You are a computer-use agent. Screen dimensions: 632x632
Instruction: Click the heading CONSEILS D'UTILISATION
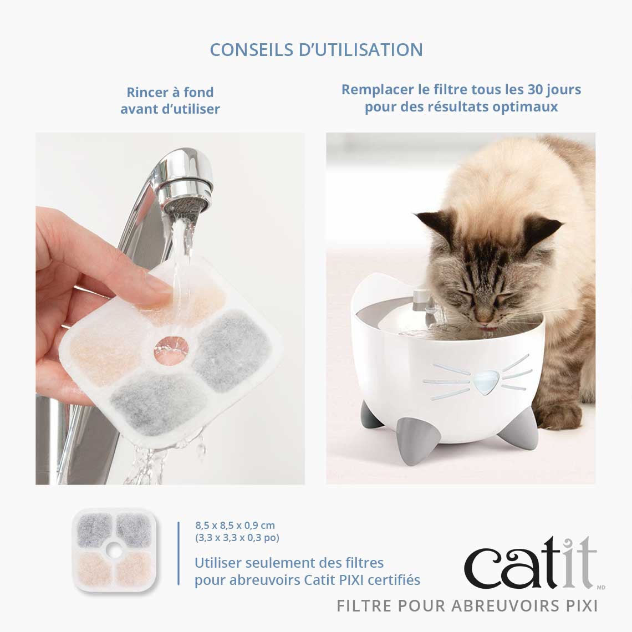tap(316, 49)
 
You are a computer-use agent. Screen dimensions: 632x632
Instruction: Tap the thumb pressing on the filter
tap(157, 288)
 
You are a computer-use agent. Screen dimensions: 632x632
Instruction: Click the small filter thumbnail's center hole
tap(116, 551)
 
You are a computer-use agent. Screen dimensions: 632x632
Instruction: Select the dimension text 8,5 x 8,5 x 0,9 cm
tap(235, 525)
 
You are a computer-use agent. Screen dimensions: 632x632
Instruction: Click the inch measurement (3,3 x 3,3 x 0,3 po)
tap(237, 537)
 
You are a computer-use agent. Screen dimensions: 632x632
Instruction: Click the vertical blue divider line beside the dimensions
tap(179, 553)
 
